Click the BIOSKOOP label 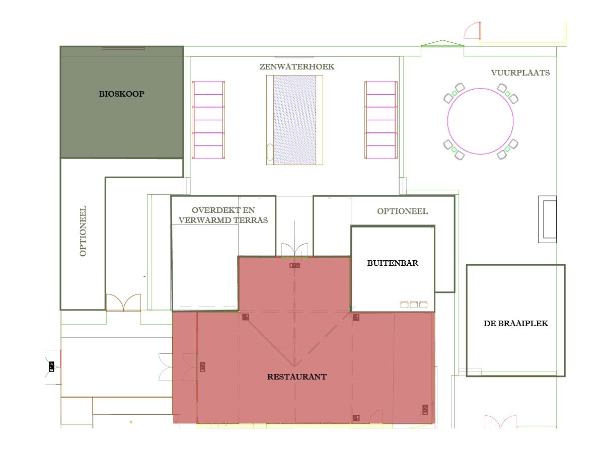point(121,94)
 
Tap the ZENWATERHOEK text point(297,67)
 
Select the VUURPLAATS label point(520,73)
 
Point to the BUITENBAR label point(393,263)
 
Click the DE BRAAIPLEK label point(516,324)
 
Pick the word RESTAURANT point(297,377)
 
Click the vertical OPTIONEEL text point(83,231)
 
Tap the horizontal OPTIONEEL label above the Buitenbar point(403,211)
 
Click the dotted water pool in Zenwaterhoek point(294,120)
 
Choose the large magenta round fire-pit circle point(481,121)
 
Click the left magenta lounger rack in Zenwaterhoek point(208,120)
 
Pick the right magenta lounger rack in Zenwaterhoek point(381,120)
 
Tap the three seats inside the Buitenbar point(414,305)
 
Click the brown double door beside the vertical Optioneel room point(123,303)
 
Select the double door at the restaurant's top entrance point(294,250)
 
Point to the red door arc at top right point(473,30)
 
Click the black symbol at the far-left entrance point(51,366)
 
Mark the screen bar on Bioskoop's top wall point(123,49)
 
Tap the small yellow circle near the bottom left point(131,422)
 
